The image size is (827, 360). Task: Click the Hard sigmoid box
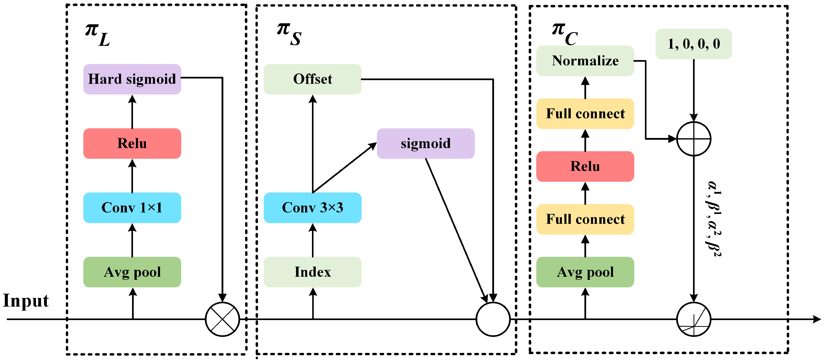click(x=132, y=79)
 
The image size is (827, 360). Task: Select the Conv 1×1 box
click(x=132, y=208)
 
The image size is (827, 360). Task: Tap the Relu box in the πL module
click(x=132, y=144)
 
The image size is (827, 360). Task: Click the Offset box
click(x=312, y=79)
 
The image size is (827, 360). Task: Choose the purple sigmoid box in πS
click(x=425, y=144)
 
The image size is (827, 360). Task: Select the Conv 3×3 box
click(x=312, y=208)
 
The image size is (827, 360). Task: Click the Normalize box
click(x=585, y=61)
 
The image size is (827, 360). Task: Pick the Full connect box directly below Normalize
click(x=585, y=114)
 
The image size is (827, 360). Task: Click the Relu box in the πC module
click(x=585, y=166)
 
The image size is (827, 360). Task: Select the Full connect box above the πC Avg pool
click(x=585, y=219)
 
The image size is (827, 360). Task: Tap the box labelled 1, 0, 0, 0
click(x=694, y=44)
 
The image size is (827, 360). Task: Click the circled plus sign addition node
click(x=694, y=139)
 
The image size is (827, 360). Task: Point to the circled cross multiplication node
click(x=222, y=319)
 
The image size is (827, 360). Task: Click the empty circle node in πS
click(x=493, y=319)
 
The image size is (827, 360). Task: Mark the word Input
click(x=26, y=301)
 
